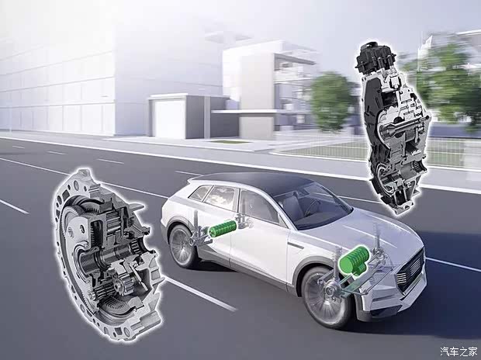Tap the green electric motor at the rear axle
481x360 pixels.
(x=223, y=229)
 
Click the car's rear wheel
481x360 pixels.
(x=182, y=245)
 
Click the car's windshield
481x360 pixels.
(x=313, y=204)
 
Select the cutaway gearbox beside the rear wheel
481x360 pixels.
(x=108, y=255)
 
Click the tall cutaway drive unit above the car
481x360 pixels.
(x=393, y=129)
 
